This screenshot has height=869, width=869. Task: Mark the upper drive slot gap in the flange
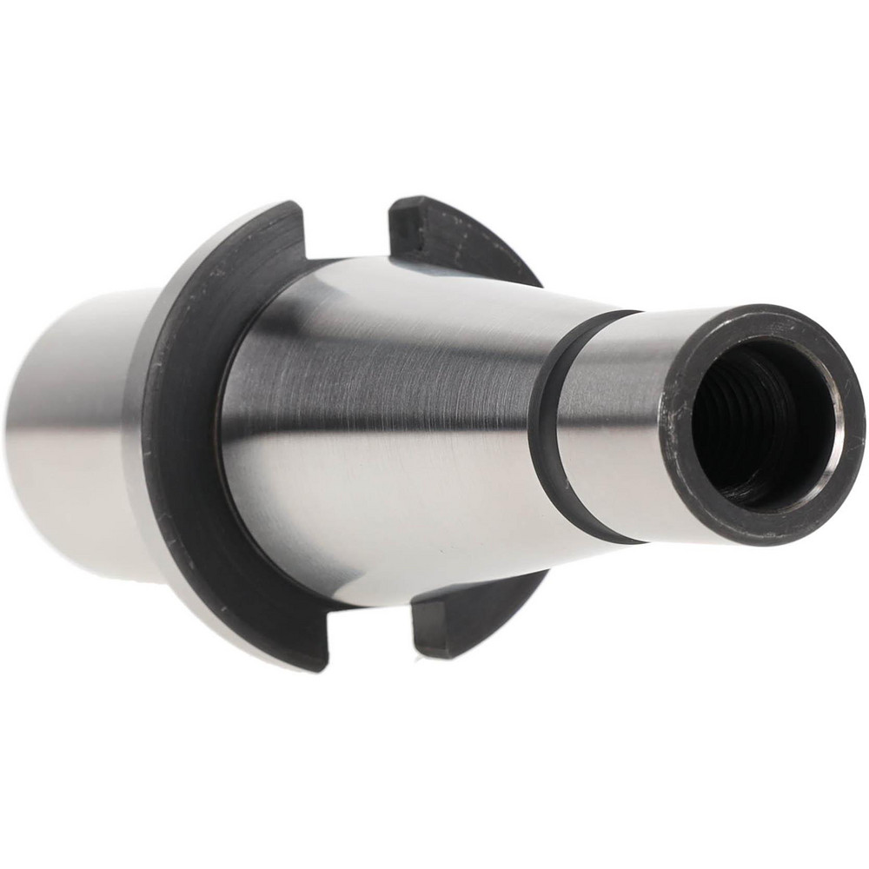pos(348,230)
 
